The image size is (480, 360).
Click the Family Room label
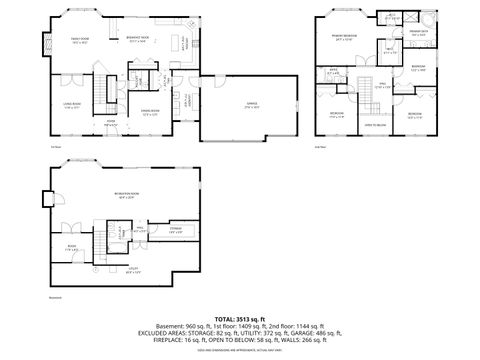pyautogui.click(x=78, y=40)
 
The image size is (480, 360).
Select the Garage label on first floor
pyautogui.click(x=249, y=105)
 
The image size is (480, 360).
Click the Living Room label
pyautogui.click(x=73, y=106)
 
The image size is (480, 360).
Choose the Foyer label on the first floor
pyautogui.click(x=111, y=123)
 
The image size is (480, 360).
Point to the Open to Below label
pyautogui.click(x=374, y=124)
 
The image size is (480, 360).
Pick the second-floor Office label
pyautogui.click(x=334, y=71)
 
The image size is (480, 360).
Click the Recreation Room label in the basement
pyautogui.click(x=126, y=196)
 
